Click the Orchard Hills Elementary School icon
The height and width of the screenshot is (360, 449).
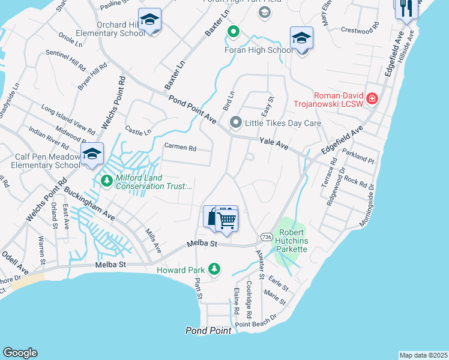point(149,20)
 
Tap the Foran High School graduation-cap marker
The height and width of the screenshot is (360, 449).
point(301,39)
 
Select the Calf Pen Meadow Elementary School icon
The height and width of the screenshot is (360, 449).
point(92,155)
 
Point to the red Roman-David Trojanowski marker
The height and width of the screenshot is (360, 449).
point(372,98)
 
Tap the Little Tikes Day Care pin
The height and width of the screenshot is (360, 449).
point(236,123)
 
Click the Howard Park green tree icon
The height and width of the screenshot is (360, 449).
point(213,269)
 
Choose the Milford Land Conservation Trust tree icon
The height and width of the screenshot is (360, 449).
point(106,180)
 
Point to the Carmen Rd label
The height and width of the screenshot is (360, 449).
point(181,148)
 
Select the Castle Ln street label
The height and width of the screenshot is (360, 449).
point(138,130)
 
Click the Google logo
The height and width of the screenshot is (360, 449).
point(20,353)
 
